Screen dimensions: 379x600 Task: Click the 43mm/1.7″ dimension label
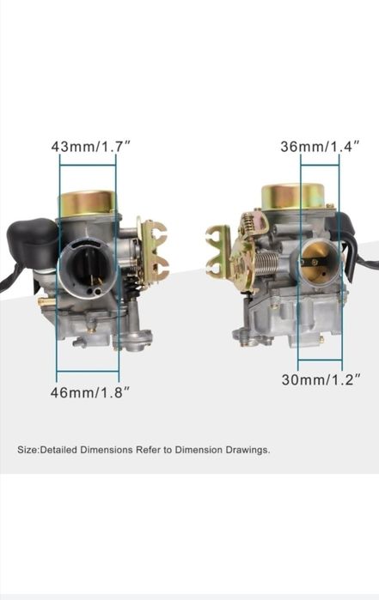(91, 146)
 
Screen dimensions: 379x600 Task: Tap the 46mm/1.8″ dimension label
(90, 392)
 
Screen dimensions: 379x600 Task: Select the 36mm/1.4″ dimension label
(321, 146)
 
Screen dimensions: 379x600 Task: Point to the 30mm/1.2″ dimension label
(321, 379)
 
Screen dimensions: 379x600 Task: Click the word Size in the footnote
(28, 450)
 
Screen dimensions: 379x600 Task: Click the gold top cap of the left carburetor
(87, 203)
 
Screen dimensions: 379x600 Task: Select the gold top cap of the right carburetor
(293, 196)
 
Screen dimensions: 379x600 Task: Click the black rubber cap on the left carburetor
(33, 242)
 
